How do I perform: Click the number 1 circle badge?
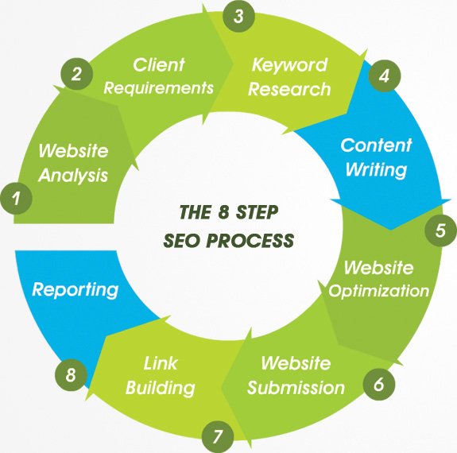coord(16,198)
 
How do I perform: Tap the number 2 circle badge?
coord(76,74)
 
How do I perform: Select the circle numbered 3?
coord(238,16)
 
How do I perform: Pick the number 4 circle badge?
coord(385,75)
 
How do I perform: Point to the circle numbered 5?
coord(440,230)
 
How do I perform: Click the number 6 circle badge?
coord(379,384)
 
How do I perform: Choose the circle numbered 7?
coord(218,436)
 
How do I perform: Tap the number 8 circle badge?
coord(71,374)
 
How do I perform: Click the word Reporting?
coord(76,290)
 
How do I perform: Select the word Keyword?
coord(289,65)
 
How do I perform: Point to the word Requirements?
coord(159,87)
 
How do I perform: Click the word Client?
coord(159,64)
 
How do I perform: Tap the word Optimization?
coord(379,291)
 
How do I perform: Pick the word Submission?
coord(296,388)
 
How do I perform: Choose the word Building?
coord(161,389)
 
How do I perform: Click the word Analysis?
coord(73,176)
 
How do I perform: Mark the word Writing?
coord(376,169)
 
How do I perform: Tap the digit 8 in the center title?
coord(223,212)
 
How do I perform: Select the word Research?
coord(289,89)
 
